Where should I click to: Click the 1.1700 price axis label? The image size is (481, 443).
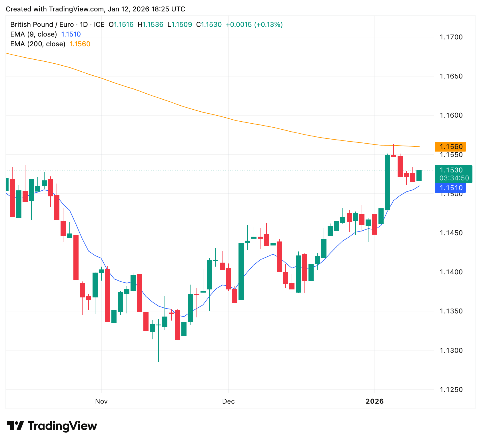click(451, 37)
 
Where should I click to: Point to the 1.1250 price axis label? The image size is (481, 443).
click(451, 390)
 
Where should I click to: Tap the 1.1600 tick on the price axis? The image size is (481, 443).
click(451, 116)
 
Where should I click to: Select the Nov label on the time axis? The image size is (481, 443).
click(101, 401)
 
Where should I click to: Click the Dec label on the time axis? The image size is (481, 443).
click(229, 401)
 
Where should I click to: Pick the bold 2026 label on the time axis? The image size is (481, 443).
click(375, 401)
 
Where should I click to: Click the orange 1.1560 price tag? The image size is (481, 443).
click(450, 147)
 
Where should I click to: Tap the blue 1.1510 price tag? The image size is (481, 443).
click(450, 188)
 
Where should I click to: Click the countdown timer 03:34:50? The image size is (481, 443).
click(454, 178)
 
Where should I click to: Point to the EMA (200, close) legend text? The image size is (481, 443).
click(38, 44)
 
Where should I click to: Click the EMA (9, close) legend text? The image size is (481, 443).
click(33, 34)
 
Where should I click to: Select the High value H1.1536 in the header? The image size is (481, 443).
click(151, 25)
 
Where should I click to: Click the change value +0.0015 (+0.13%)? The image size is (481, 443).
click(254, 25)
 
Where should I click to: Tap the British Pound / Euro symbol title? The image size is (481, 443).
click(41, 25)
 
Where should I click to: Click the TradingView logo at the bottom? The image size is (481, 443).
click(52, 426)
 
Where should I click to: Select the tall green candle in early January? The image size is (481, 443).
click(387, 183)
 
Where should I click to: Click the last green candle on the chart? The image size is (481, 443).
click(419, 176)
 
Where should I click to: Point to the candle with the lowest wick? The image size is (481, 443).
click(159, 343)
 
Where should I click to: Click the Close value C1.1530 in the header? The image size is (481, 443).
click(209, 25)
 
